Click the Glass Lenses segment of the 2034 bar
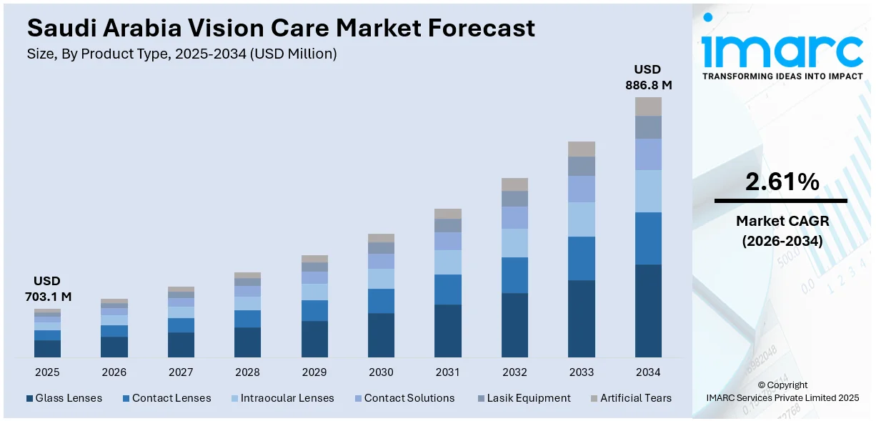click(x=648, y=311)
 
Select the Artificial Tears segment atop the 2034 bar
click(x=648, y=107)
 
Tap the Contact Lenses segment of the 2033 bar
click(x=581, y=258)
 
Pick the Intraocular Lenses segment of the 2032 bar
click(x=514, y=243)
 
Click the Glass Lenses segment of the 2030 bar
click(x=381, y=335)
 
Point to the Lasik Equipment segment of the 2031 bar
click(x=448, y=226)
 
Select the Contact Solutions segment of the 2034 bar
click(x=648, y=154)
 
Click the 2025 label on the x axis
click(x=47, y=372)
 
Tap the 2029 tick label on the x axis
click(x=314, y=372)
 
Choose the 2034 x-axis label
click(x=648, y=372)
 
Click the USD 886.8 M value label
click(x=648, y=77)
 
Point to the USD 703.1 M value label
click(x=47, y=289)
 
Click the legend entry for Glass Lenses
click(x=64, y=398)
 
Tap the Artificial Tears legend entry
click(x=631, y=398)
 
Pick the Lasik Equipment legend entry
click(x=523, y=398)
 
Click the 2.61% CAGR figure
click(x=782, y=183)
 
